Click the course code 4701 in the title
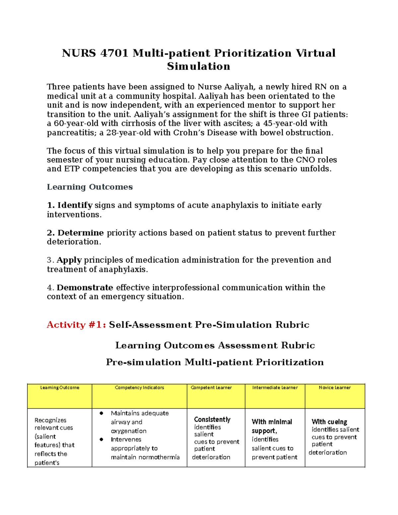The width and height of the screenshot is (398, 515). point(114,53)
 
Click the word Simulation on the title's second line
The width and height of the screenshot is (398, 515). point(198,66)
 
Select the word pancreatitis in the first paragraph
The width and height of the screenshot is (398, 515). point(67,133)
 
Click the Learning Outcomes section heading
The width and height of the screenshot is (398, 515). point(90,187)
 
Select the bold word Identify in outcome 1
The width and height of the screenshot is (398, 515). point(75,205)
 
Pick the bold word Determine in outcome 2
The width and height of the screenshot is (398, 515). point(81,233)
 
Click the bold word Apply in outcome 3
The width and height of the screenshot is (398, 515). point(69,260)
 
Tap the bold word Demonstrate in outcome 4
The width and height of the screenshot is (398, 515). point(85,288)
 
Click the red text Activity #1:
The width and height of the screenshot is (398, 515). point(76,325)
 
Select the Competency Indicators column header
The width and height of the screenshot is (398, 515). point(139,387)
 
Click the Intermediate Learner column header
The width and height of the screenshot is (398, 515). point(275,387)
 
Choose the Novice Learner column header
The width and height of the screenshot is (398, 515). point(335,387)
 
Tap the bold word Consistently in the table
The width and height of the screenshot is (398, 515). point(212,419)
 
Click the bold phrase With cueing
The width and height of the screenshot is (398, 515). point(329,422)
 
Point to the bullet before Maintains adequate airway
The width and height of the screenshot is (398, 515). point(101,413)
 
